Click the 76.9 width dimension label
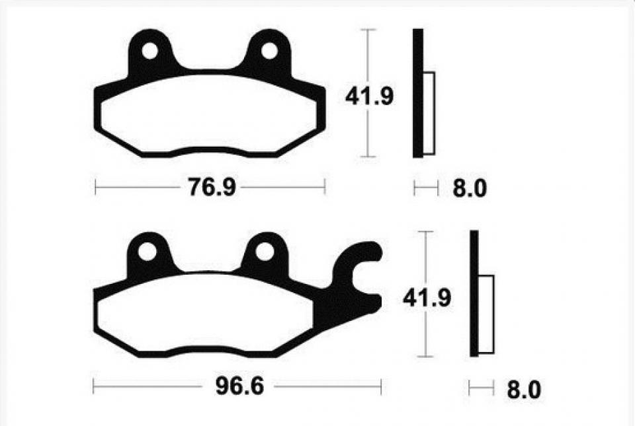tap(212, 188)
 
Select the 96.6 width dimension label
tap(239, 386)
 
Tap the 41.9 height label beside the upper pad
tap(369, 97)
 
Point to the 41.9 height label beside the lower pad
tap(427, 299)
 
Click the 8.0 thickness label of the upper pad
tap(470, 188)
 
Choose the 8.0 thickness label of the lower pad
tap(524, 390)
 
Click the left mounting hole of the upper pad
tap(150, 51)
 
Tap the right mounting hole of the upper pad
tap(269, 51)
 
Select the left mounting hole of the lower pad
tap(147, 252)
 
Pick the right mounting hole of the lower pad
tap(265, 252)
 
